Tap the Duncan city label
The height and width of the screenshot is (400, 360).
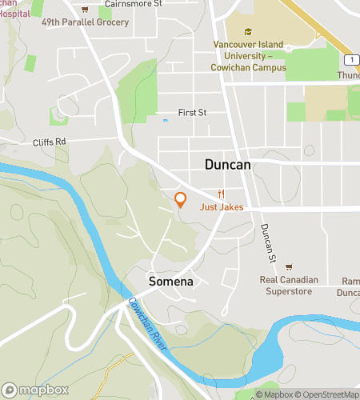(x=227, y=164)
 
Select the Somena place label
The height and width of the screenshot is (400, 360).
(x=170, y=282)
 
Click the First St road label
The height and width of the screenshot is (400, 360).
(x=192, y=113)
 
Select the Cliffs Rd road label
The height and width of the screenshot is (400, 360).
(x=50, y=142)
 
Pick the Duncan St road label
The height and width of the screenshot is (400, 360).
(x=267, y=243)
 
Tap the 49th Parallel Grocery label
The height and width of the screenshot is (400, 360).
(x=86, y=22)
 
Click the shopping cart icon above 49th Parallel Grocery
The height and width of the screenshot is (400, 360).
(x=86, y=10)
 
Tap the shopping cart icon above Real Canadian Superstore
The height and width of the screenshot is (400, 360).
(x=289, y=267)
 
